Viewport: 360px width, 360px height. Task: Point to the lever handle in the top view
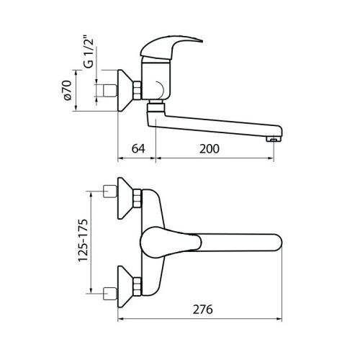point(169,241)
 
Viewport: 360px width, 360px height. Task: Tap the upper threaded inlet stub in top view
point(110,192)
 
